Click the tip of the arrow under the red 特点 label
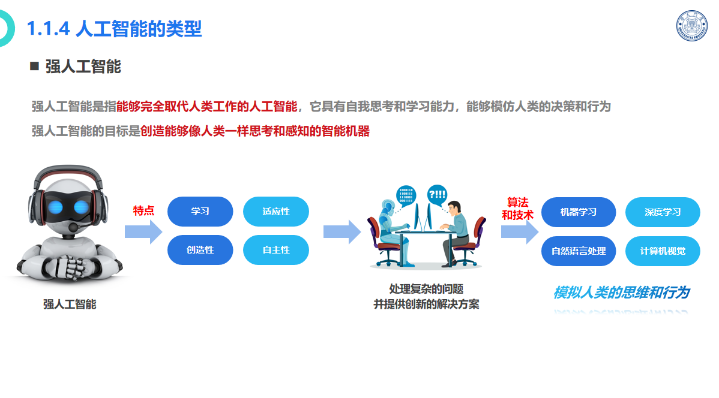click(x=162, y=232)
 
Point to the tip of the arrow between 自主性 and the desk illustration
click(x=361, y=232)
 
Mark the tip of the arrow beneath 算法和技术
click(x=538, y=232)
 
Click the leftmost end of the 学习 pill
click(x=168, y=212)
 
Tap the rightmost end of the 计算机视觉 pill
click(x=700, y=251)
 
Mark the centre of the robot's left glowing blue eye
click(x=55, y=207)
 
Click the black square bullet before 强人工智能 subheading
click(x=34, y=66)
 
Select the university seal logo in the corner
click(x=692, y=26)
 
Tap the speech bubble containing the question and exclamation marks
click(x=436, y=195)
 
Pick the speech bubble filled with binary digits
click(x=406, y=195)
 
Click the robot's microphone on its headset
click(x=73, y=227)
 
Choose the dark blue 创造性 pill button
click(x=200, y=250)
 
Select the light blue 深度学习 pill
click(x=663, y=212)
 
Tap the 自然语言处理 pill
click(x=579, y=251)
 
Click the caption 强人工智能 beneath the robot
click(x=70, y=304)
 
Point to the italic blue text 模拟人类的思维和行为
click(x=622, y=292)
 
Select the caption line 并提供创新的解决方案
click(x=427, y=304)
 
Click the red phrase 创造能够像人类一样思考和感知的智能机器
click(x=255, y=131)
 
